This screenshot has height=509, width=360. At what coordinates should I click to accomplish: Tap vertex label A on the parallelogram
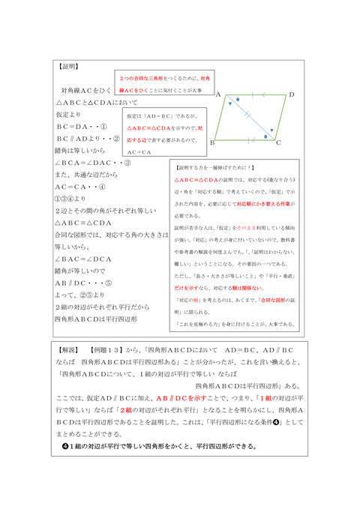(217, 96)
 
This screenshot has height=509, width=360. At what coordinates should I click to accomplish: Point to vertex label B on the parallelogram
(213, 142)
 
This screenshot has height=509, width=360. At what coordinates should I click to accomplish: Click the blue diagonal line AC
(247, 118)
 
